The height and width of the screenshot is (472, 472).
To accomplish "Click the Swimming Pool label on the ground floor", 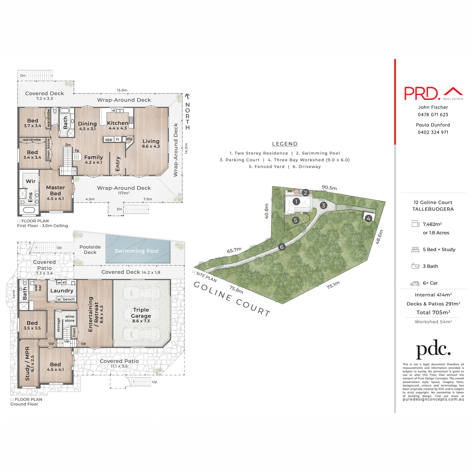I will pyautogui.click(x=136, y=251).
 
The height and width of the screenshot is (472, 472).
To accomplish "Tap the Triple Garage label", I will pyautogui.click(x=141, y=313).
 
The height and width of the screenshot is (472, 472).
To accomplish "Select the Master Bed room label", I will pyautogui.click(x=55, y=190).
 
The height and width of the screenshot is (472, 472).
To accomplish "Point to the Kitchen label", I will pyautogui.click(x=118, y=123).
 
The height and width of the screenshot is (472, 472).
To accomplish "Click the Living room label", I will pyautogui.click(x=151, y=141).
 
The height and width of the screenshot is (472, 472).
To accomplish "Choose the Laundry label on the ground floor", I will pyautogui.click(x=62, y=291).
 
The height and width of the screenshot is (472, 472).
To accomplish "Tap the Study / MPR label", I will pyautogui.click(x=27, y=363).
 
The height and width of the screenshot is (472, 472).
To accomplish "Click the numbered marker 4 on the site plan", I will pyautogui.click(x=369, y=218).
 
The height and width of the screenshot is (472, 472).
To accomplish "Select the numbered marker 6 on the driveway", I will pyautogui.click(x=282, y=247).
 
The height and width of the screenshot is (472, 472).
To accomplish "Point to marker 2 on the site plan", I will pyautogui.click(x=305, y=193).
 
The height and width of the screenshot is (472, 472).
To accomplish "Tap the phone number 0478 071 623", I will pyautogui.click(x=433, y=115).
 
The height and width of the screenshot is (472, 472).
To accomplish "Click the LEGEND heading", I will pyautogui.click(x=285, y=144).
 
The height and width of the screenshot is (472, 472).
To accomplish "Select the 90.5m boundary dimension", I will pyautogui.click(x=329, y=188).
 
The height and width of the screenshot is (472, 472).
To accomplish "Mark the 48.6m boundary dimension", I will pyautogui.click(x=379, y=237).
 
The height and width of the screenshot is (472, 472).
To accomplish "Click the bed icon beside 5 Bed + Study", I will pyautogui.click(x=415, y=249).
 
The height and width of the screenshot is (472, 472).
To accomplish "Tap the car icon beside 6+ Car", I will pyautogui.click(x=415, y=283).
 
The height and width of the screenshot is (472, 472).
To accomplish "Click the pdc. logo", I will pyautogui.click(x=433, y=349).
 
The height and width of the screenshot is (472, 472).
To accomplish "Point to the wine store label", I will pyautogui.click(x=70, y=318).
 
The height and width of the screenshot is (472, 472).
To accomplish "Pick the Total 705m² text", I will pyautogui.click(x=433, y=313).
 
